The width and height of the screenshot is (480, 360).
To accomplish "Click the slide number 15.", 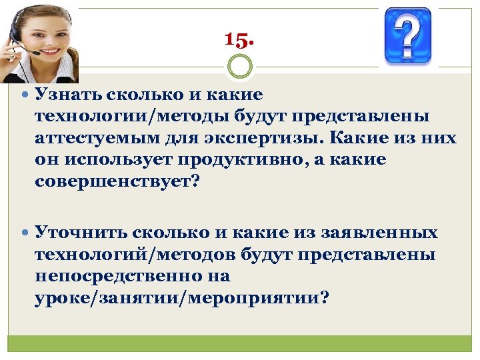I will click(239, 40).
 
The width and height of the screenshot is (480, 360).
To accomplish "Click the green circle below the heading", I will click(240, 67).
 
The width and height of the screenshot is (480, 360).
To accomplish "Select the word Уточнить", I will click(81, 233).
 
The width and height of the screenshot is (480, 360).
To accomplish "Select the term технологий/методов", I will click(133, 255).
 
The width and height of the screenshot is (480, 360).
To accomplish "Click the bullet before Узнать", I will click(25, 95).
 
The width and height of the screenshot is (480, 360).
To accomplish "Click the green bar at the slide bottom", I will click(240, 343).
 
